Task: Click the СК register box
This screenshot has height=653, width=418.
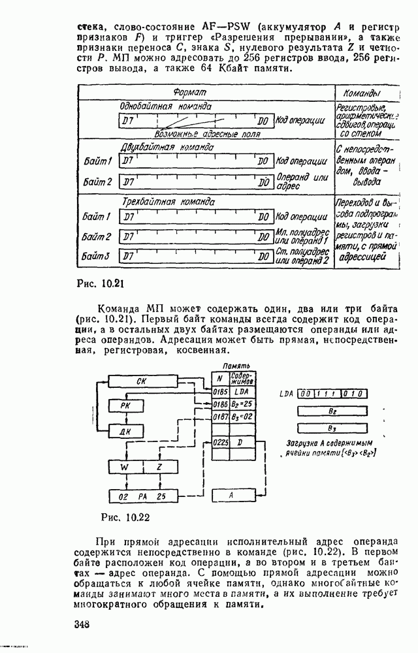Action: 141,381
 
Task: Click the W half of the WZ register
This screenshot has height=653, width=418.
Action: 124,468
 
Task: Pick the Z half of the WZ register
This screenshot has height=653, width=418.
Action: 159,468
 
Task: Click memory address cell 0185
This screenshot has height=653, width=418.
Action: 219,392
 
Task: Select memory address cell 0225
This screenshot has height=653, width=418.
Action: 219,443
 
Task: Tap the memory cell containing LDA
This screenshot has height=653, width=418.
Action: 241,392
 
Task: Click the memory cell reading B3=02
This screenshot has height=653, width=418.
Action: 241,417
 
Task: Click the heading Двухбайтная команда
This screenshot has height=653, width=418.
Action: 163,148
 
